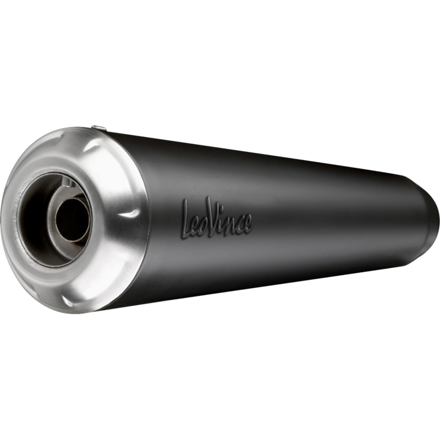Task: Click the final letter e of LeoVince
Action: click(248, 224)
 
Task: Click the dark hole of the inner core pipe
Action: click(73, 219)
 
